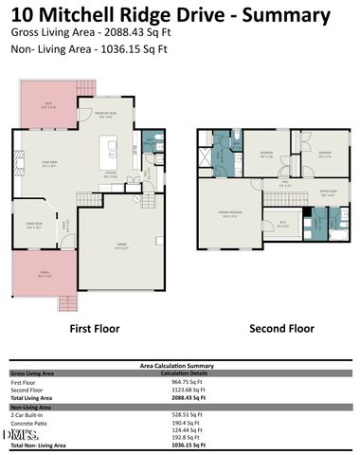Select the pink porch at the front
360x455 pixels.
pos(43,274)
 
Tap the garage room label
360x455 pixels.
pos(121,248)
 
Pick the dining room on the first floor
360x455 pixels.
pos(35,226)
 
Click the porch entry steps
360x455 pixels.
pos(66,303)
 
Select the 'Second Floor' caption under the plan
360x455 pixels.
pos(280,329)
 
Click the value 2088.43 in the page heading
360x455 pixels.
pos(121,30)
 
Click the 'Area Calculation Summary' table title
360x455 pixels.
pos(180,363)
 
